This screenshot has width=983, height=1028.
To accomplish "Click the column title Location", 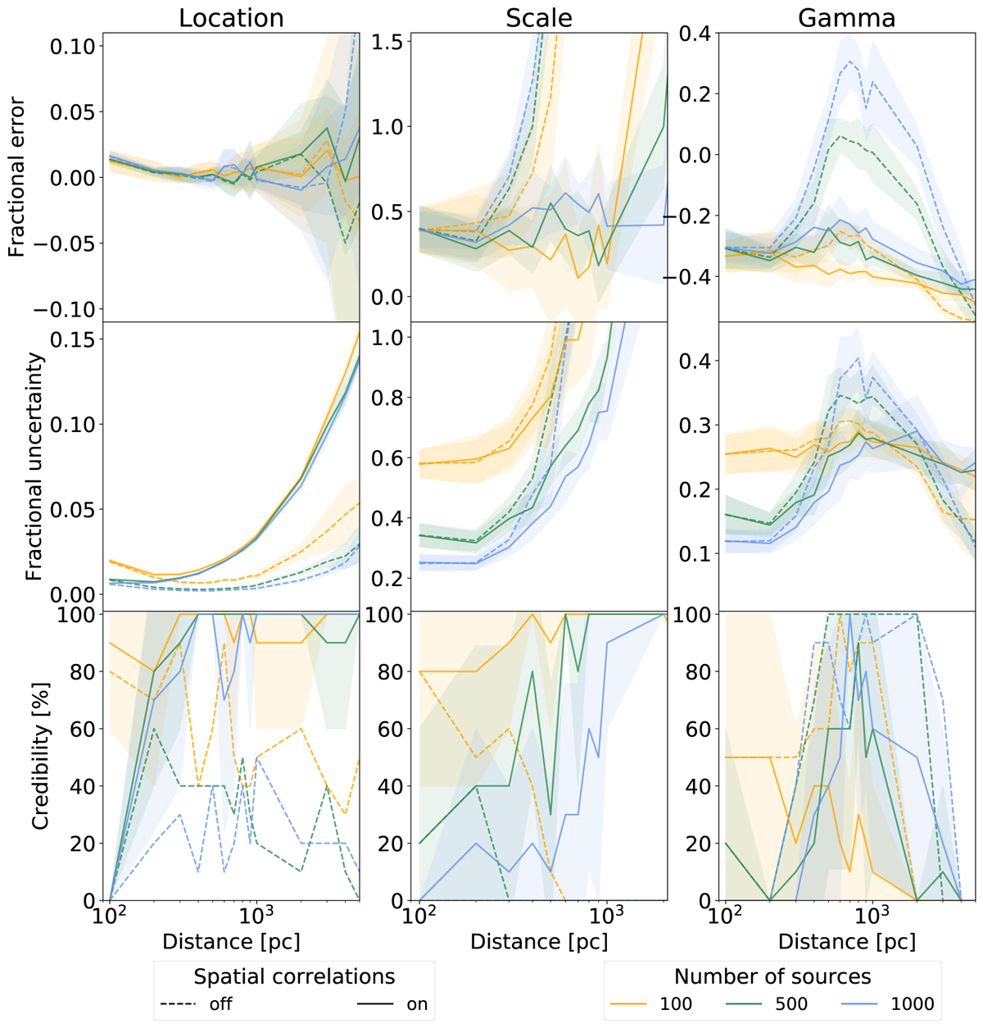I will tap(231, 18).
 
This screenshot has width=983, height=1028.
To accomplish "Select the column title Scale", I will tap(539, 18).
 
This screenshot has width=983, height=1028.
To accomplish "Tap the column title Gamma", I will tap(846, 18).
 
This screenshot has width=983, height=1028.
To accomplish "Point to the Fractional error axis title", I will tap(17, 178).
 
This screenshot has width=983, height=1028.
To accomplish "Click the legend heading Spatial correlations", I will tap(294, 976).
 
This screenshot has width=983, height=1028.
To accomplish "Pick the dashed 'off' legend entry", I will tap(205, 1004).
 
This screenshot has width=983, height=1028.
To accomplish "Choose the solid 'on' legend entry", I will tap(392, 1004).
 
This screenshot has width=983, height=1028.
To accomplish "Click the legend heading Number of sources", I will tap(772, 976).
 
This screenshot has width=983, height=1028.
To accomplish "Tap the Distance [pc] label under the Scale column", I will tap(539, 942).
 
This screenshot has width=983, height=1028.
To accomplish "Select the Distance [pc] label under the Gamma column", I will tap(847, 942).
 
